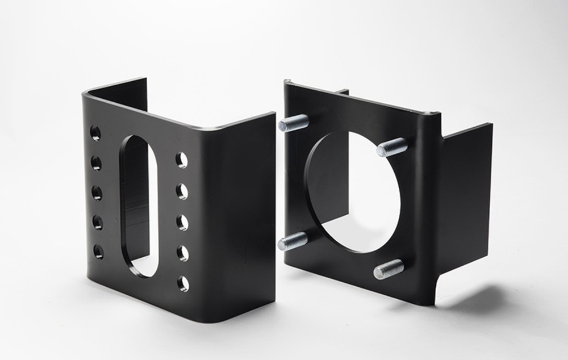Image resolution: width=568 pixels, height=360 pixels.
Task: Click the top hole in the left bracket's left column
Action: (95, 133)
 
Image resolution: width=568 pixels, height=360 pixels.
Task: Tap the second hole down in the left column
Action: (97, 164)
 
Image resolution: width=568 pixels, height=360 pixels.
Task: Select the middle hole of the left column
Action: (97, 193)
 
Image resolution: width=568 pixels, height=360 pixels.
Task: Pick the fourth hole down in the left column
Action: (98, 223)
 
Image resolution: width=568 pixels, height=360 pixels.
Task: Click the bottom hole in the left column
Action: (98, 252)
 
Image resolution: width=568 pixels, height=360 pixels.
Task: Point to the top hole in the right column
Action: (181, 160)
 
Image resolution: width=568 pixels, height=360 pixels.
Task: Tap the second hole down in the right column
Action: (182, 191)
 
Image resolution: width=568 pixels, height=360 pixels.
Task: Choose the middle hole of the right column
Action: (182, 222)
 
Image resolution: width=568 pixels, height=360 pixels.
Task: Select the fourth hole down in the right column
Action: (182, 253)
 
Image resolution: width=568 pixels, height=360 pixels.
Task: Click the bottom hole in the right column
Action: (183, 283)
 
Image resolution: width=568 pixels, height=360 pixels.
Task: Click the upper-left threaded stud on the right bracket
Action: (293, 123)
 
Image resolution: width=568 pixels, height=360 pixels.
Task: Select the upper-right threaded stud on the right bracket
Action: (392, 148)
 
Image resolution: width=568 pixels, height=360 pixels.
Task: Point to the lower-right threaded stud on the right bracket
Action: (389, 269)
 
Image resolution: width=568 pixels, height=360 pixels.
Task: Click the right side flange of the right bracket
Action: (466, 199)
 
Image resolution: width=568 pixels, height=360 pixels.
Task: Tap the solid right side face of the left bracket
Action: (239, 216)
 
